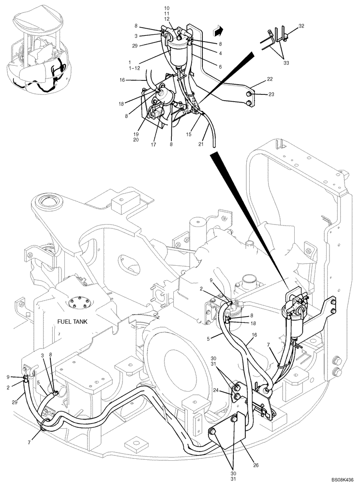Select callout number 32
pos(301,25)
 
